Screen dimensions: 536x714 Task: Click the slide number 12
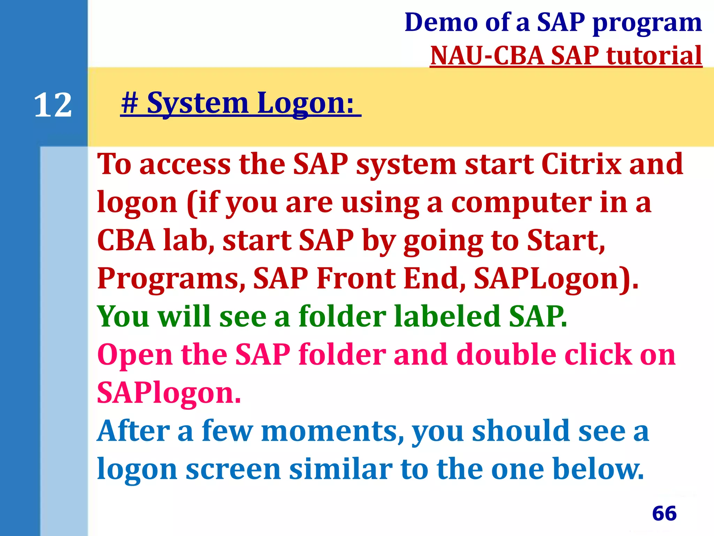coord(53,105)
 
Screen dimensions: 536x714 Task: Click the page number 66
coord(664,513)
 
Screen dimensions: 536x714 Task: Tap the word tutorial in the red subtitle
coord(654,56)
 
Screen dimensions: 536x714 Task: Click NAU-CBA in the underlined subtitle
coord(487,56)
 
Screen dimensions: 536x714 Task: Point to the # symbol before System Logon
coord(130,103)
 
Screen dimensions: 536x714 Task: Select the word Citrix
coord(581,164)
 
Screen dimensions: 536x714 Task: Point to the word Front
coord(356,278)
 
